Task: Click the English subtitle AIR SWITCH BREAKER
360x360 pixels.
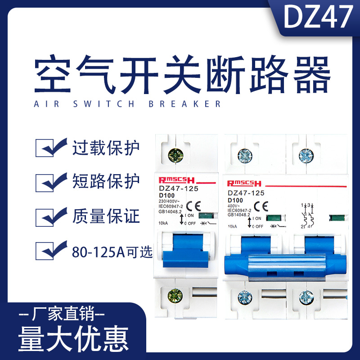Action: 127,104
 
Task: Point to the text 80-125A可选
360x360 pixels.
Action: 112,251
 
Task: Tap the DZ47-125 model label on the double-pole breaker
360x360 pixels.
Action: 246,192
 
